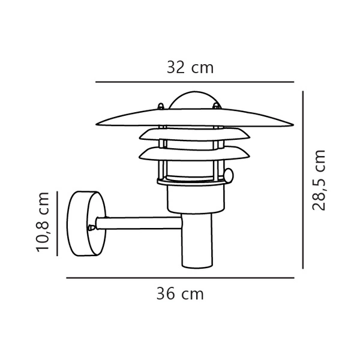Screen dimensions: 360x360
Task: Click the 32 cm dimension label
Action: (190, 67)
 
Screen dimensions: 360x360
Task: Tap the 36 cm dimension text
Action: (180, 294)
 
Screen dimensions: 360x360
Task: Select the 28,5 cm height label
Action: (319, 180)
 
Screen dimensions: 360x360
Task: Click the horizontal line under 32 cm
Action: (195, 82)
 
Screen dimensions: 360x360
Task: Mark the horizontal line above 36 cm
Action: (180, 278)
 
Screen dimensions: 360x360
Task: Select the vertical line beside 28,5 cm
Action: (304, 180)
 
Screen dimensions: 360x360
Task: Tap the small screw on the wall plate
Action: (91, 227)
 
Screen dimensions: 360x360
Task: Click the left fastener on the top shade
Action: (160, 107)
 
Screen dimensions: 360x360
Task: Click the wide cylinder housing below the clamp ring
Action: (195, 198)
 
